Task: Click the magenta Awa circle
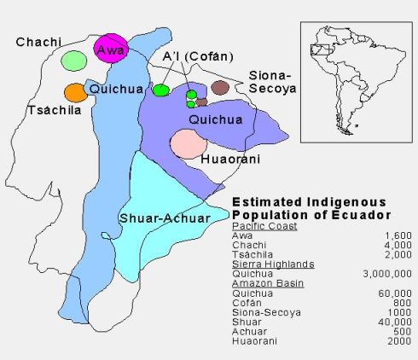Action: click(x=111, y=48)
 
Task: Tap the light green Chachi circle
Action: click(x=74, y=61)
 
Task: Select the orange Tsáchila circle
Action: click(x=75, y=91)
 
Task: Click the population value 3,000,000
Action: click(x=385, y=274)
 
